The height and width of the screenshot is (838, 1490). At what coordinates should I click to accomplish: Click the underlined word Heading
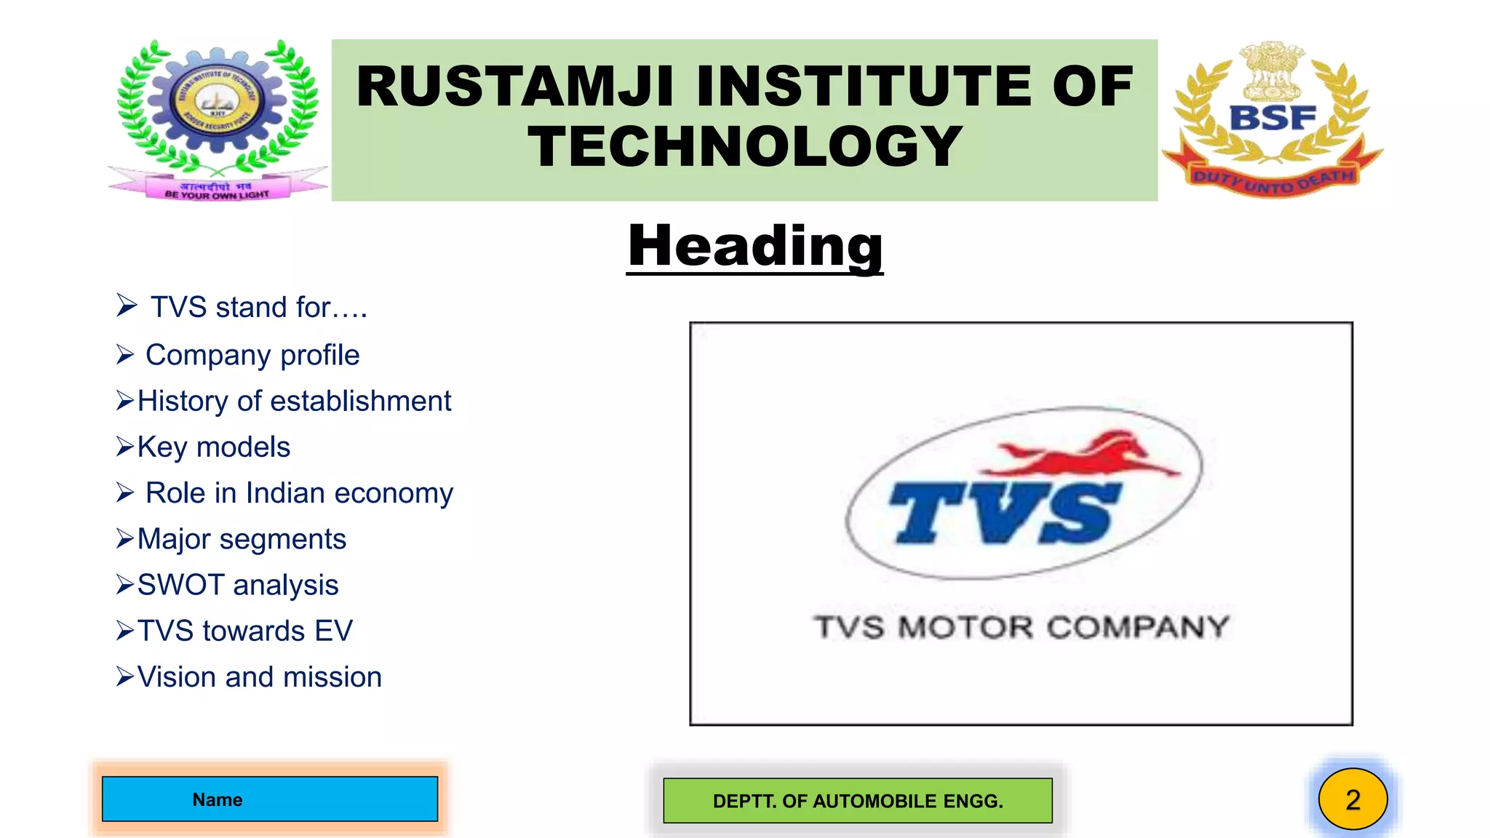point(754,247)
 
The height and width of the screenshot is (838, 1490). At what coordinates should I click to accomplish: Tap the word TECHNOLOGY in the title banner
point(745,147)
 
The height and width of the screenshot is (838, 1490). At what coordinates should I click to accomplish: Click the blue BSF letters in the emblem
point(1272,118)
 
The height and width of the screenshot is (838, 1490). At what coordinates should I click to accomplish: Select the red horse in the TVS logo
point(1084,455)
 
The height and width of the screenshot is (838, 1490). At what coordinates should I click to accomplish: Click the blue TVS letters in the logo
point(1004,513)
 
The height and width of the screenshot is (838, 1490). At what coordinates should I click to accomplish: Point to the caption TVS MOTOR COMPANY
point(1021,627)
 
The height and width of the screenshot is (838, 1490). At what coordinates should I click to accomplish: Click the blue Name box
point(270,799)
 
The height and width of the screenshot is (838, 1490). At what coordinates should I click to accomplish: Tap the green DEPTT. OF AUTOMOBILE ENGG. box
point(858,801)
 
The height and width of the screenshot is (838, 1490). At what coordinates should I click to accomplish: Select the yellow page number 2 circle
point(1352,799)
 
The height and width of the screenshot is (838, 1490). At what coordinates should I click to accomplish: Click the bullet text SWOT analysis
point(238,585)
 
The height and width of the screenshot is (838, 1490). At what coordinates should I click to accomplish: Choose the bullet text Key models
point(214,447)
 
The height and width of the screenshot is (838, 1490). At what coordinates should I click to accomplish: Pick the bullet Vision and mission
point(259,677)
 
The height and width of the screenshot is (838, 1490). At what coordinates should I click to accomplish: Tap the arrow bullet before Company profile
point(125,355)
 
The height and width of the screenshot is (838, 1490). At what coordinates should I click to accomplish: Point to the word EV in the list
point(334,631)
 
